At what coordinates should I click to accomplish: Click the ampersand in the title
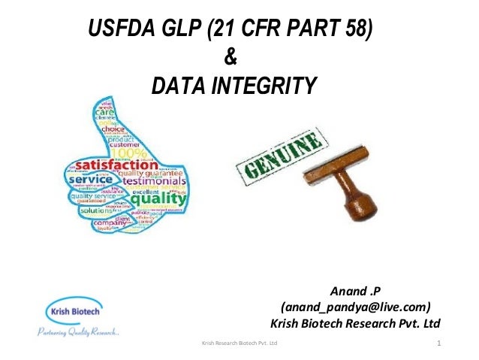pos(230,59)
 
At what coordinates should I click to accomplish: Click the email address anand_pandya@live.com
pos(355,307)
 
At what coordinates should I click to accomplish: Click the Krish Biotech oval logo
pos(74,311)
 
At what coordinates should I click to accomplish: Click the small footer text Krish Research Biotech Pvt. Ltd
pos(236,343)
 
